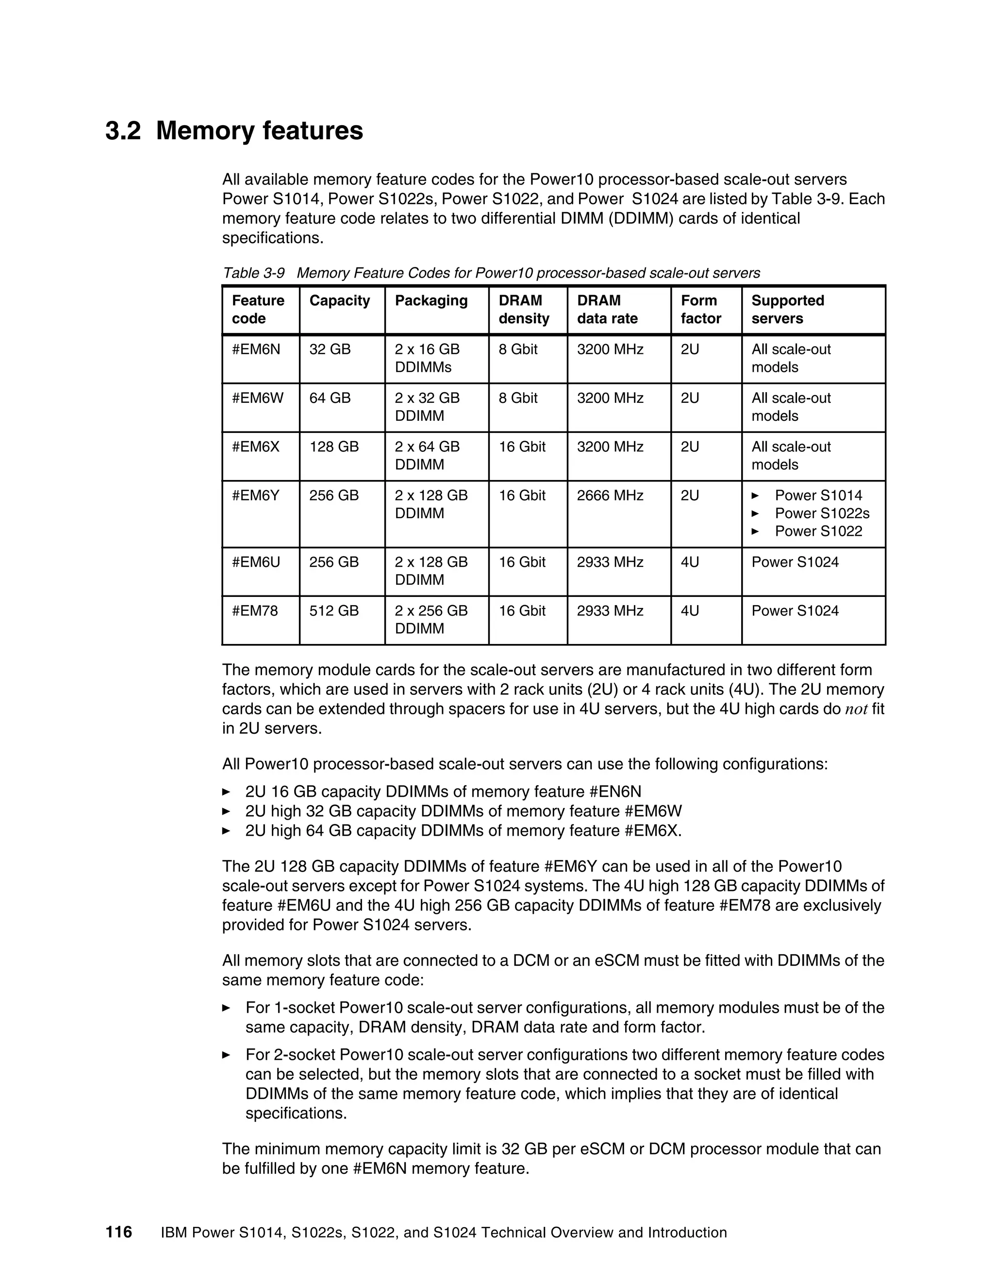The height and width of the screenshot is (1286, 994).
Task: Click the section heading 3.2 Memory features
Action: (234, 131)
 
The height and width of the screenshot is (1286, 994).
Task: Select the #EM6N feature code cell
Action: (256, 349)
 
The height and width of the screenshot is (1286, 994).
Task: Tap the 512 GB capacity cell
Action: (334, 610)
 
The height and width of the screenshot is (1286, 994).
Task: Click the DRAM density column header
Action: (524, 310)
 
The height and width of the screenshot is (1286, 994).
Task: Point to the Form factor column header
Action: (701, 310)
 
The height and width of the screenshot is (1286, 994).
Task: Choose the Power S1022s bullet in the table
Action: (822, 513)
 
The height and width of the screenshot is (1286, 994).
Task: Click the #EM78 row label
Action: (255, 610)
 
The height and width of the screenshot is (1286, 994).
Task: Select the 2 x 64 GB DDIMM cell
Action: (427, 456)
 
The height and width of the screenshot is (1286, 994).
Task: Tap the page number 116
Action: (119, 1232)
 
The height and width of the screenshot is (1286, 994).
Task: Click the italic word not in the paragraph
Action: (856, 709)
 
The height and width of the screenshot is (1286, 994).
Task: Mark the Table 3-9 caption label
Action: (253, 273)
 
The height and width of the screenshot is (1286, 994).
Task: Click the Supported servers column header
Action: (787, 310)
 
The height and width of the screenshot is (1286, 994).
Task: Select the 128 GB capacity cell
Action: (334, 447)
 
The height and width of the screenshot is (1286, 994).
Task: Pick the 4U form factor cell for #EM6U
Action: (690, 562)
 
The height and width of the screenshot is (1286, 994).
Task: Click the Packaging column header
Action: (431, 301)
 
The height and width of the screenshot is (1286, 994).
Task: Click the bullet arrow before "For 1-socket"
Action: (226, 1008)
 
